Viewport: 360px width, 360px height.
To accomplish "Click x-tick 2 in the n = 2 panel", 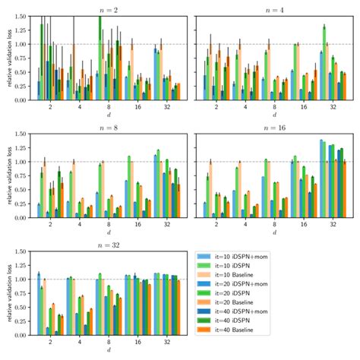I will click(x=50, y=107).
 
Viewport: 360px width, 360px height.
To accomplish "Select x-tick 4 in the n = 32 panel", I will click(x=79, y=344).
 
